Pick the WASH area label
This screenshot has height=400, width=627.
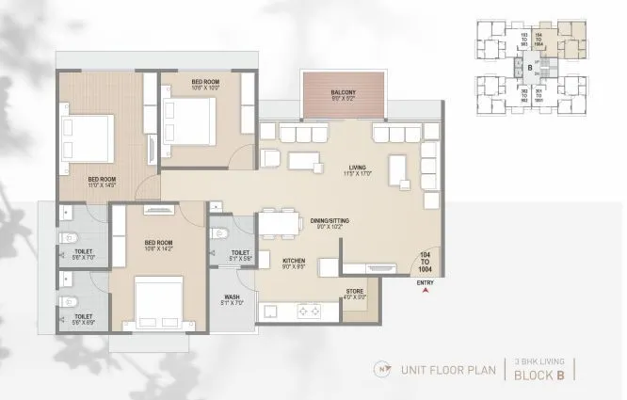point(232,300)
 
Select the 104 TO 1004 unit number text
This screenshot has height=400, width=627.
point(426,263)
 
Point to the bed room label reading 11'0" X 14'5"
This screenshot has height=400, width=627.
point(102,181)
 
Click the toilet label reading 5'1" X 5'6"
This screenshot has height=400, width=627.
point(240,256)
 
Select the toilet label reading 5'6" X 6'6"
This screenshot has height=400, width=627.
point(83,318)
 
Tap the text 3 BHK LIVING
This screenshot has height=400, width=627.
point(539,360)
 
